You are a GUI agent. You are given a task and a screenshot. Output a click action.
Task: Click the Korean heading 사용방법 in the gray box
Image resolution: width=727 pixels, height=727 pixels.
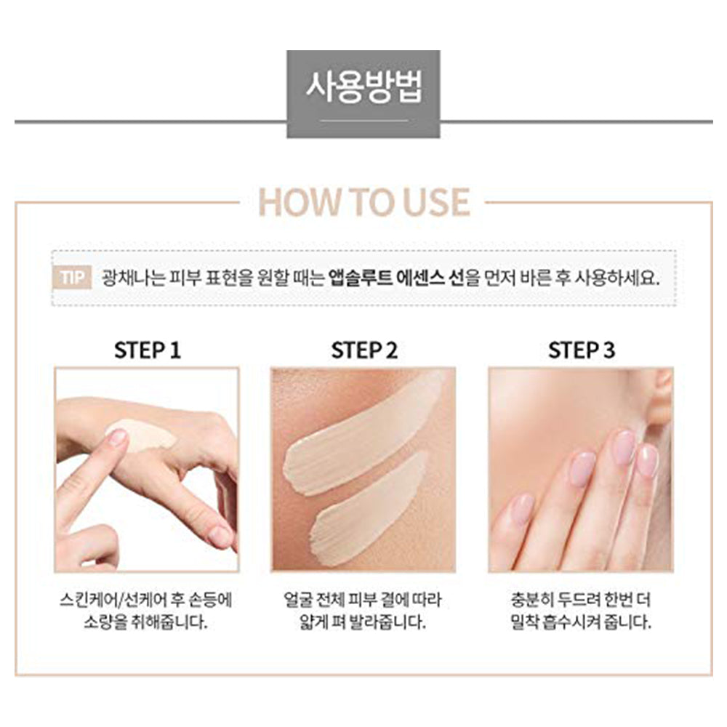(364, 87)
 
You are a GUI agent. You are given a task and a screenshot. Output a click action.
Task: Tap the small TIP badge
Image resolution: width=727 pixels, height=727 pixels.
(72, 278)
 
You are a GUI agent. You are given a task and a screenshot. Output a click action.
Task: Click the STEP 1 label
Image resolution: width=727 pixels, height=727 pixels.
(148, 350)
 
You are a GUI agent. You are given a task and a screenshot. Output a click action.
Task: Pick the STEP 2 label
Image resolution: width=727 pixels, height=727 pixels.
(364, 350)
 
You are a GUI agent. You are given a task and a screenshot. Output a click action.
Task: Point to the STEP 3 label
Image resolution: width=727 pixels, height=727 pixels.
(582, 350)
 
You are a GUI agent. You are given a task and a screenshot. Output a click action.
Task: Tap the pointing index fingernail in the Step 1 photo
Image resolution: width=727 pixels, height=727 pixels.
(117, 437)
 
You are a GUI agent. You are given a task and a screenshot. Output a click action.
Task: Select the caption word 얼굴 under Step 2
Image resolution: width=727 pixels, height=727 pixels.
(297, 600)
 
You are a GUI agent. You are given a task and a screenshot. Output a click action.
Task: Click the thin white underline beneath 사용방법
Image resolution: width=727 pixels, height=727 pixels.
(364, 121)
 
